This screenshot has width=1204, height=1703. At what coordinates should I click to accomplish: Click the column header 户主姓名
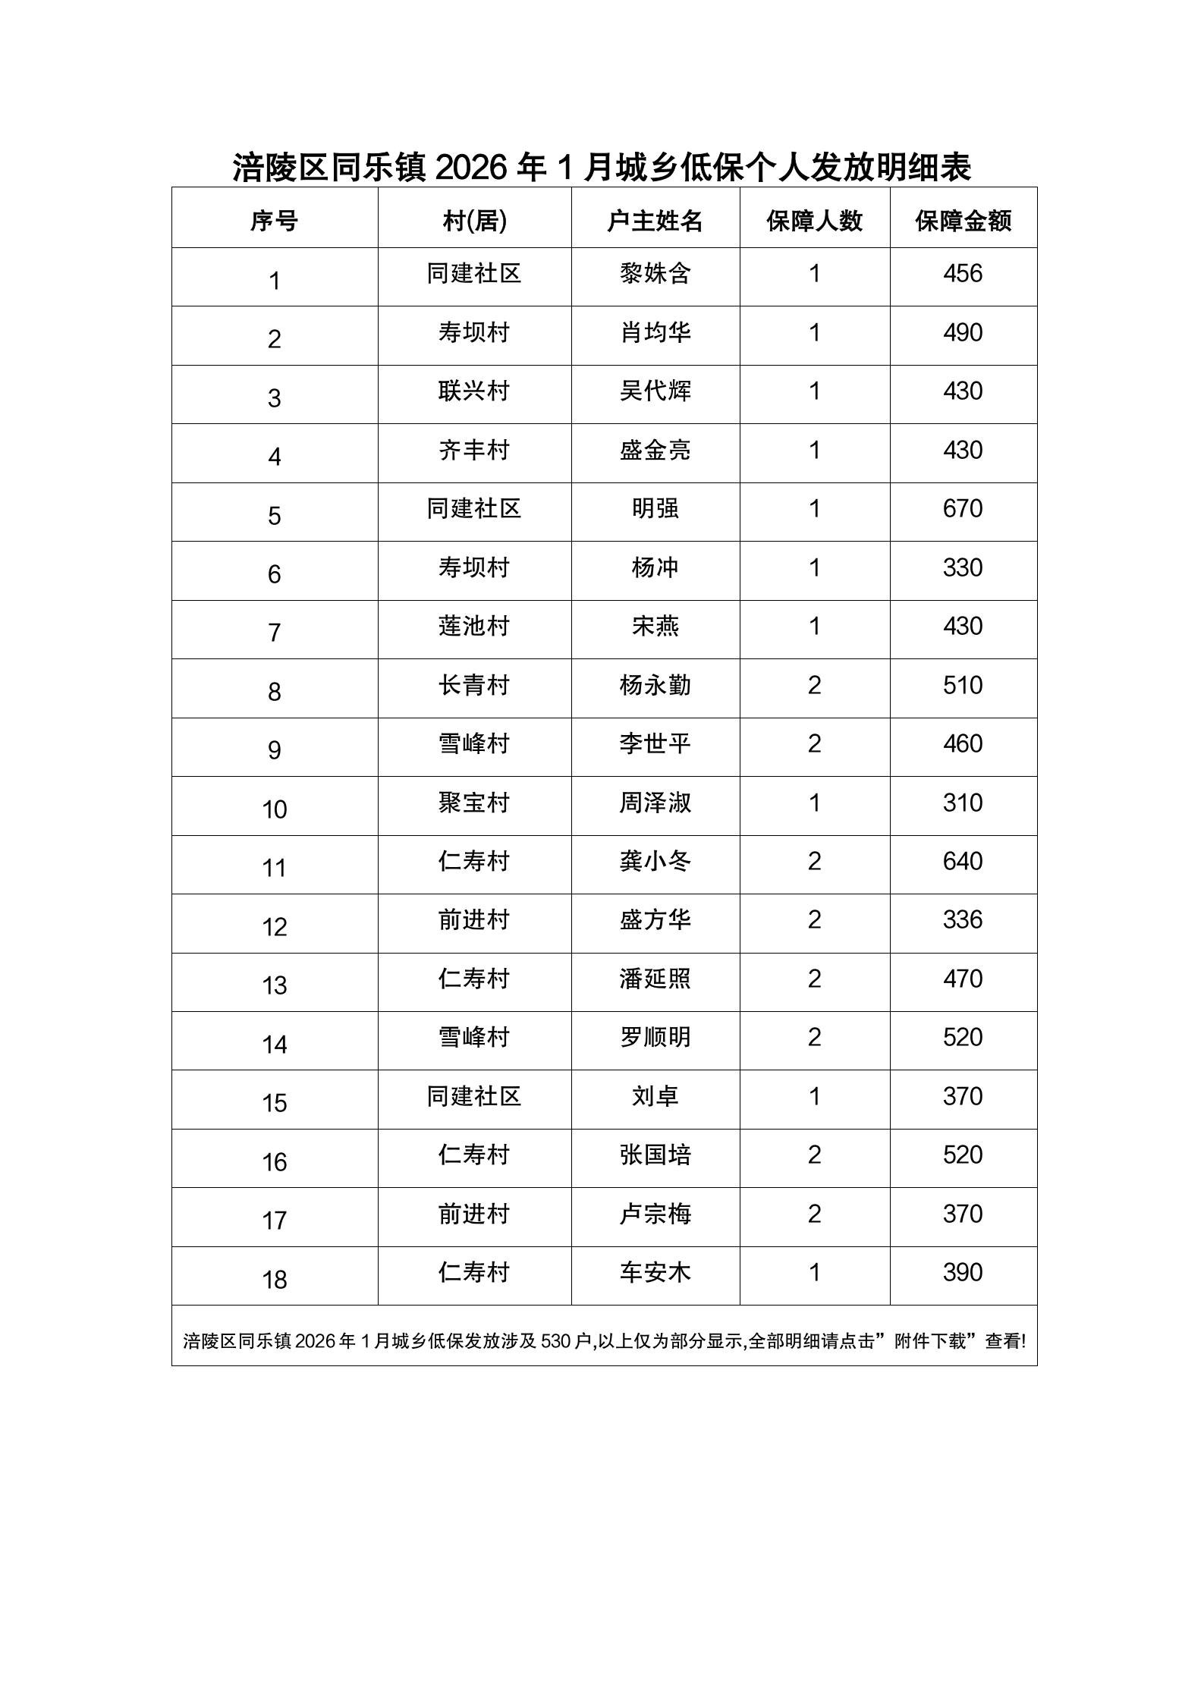[x=655, y=221]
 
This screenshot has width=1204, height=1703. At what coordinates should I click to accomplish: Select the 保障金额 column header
[x=963, y=221]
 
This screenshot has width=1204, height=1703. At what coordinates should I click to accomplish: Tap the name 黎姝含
[x=655, y=273]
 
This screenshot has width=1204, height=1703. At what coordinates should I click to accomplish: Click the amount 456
[x=963, y=273]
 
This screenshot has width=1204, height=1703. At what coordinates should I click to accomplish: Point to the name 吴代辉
[x=655, y=391]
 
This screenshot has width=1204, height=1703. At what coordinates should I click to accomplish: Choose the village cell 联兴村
[x=473, y=391]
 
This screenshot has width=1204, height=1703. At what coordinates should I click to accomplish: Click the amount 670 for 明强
[x=963, y=508]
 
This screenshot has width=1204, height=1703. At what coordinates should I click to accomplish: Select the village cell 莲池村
[x=473, y=626]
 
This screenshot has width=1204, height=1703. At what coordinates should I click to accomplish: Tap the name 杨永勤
[x=655, y=685]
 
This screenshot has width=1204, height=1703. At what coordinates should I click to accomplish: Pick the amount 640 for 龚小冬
[x=963, y=861]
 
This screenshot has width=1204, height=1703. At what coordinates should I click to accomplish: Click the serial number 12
[x=275, y=927]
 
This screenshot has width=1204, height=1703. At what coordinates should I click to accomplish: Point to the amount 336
[x=963, y=919]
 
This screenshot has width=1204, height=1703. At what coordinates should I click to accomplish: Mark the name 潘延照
[x=655, y=979]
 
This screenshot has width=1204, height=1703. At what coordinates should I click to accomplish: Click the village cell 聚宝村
[x=473, y=803]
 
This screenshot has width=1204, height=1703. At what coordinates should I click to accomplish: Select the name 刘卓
[x=655, y=1096]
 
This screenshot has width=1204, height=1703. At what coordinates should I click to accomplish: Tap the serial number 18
[x=275, y=1280]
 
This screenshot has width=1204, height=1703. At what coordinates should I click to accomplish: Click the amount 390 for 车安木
[x=963, y=1272]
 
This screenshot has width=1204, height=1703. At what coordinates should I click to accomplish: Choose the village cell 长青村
[x=473, y=685]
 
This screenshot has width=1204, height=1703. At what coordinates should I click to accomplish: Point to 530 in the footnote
[x=555, y=1341]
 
